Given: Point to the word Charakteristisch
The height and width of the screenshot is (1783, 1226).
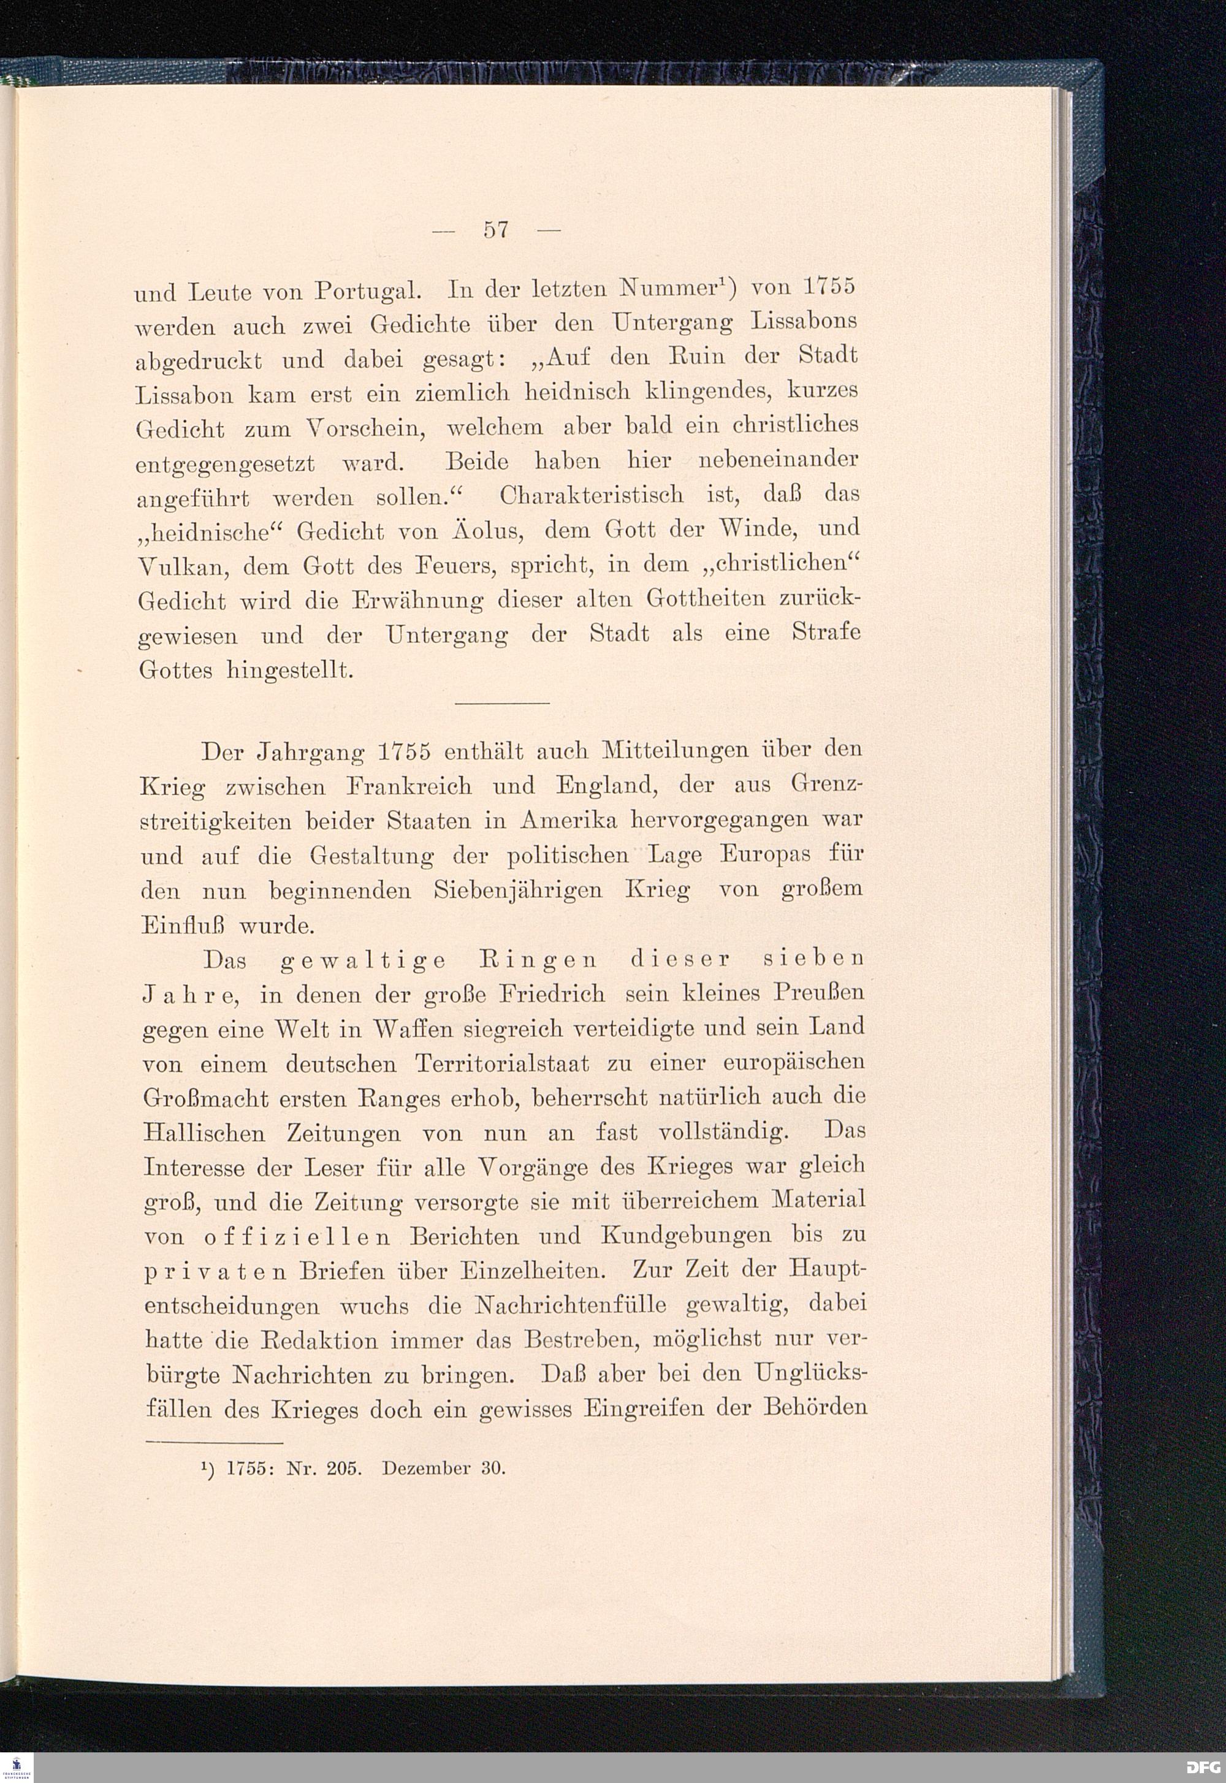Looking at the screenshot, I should point(591,495).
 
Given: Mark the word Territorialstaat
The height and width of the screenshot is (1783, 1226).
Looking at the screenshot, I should point(503,1064).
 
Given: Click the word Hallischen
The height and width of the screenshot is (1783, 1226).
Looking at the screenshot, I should point(204,1133).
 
